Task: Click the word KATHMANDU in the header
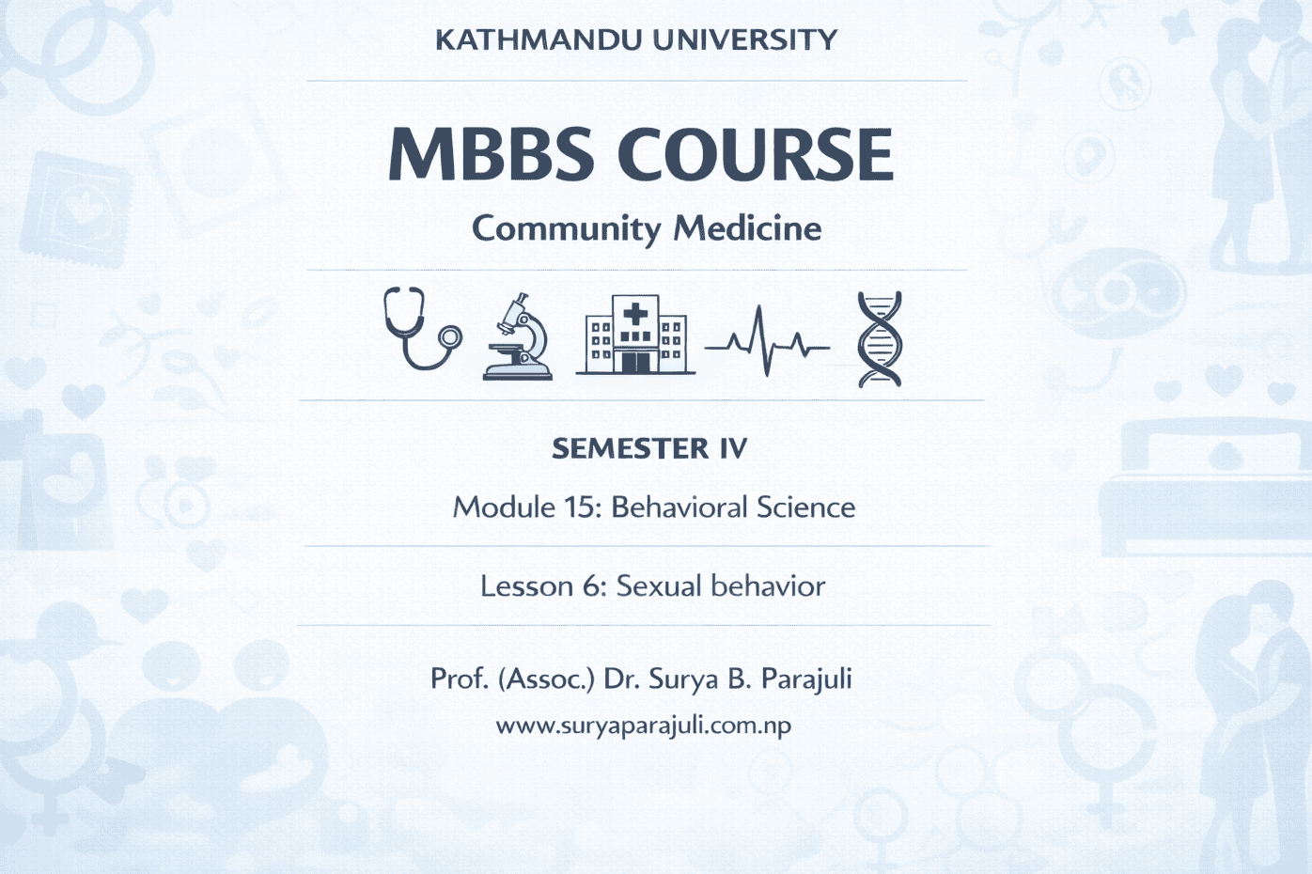point(538,40)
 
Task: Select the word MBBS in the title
point(491,154)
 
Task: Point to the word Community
point(566,228)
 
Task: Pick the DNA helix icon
point(880,339)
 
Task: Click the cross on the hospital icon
point(635,313)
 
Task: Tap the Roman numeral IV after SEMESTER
point(733,448)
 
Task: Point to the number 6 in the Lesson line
point(592,586)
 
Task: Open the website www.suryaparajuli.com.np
point(644,726)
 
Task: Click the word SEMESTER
point(630,448)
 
